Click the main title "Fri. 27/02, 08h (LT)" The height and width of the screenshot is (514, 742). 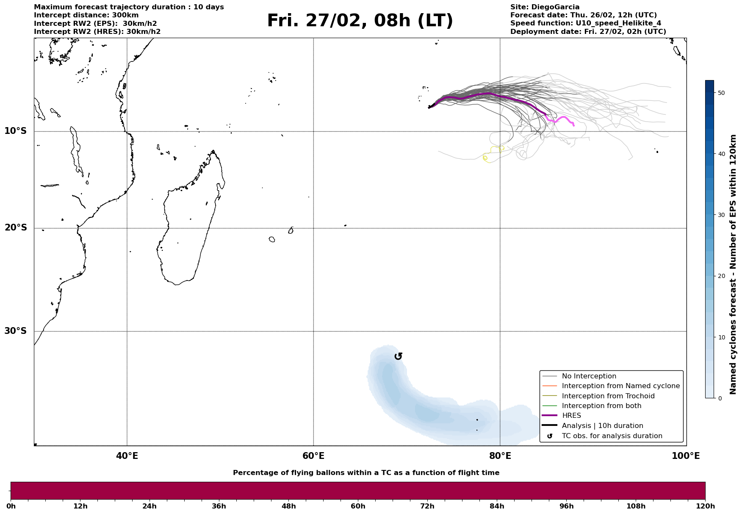point(360,21)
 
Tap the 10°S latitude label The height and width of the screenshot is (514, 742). point(16,131)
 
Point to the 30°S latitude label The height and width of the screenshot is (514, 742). point(16,331)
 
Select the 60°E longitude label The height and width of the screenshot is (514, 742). point(313,456)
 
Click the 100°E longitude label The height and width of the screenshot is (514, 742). point(686,456)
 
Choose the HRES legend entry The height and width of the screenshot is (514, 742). point(571,416)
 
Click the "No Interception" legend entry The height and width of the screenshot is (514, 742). point(589,376)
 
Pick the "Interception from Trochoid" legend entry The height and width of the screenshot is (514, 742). point(608,396)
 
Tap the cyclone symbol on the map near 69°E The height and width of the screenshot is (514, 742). point(398,356)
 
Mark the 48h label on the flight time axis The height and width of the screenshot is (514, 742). point(288,506)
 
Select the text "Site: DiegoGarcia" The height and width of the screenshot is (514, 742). point(545,7)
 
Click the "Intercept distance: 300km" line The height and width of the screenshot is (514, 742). point(86,15)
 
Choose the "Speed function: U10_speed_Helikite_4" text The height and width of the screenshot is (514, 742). point(585,23)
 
